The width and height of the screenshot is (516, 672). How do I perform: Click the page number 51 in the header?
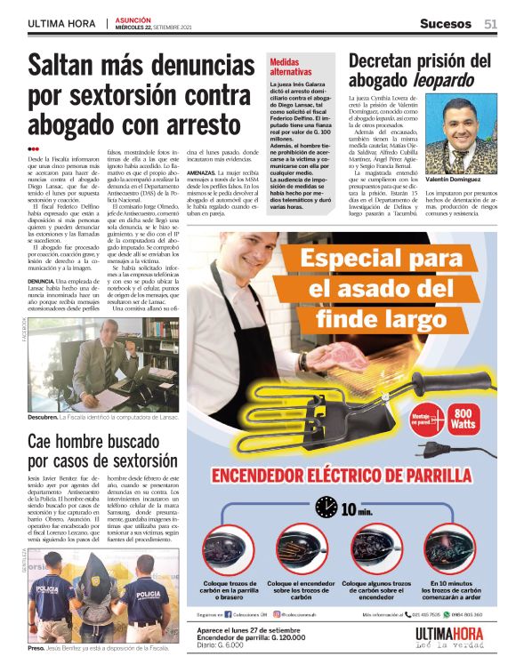491,23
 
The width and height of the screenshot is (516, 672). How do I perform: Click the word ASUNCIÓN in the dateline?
133,19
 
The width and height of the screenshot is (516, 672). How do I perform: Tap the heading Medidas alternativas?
291,67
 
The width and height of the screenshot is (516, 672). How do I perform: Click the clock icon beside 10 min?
327,508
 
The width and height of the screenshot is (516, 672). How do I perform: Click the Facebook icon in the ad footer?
230,613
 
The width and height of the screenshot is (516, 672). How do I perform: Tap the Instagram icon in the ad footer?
277,613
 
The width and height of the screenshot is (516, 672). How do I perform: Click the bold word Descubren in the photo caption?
43,416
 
